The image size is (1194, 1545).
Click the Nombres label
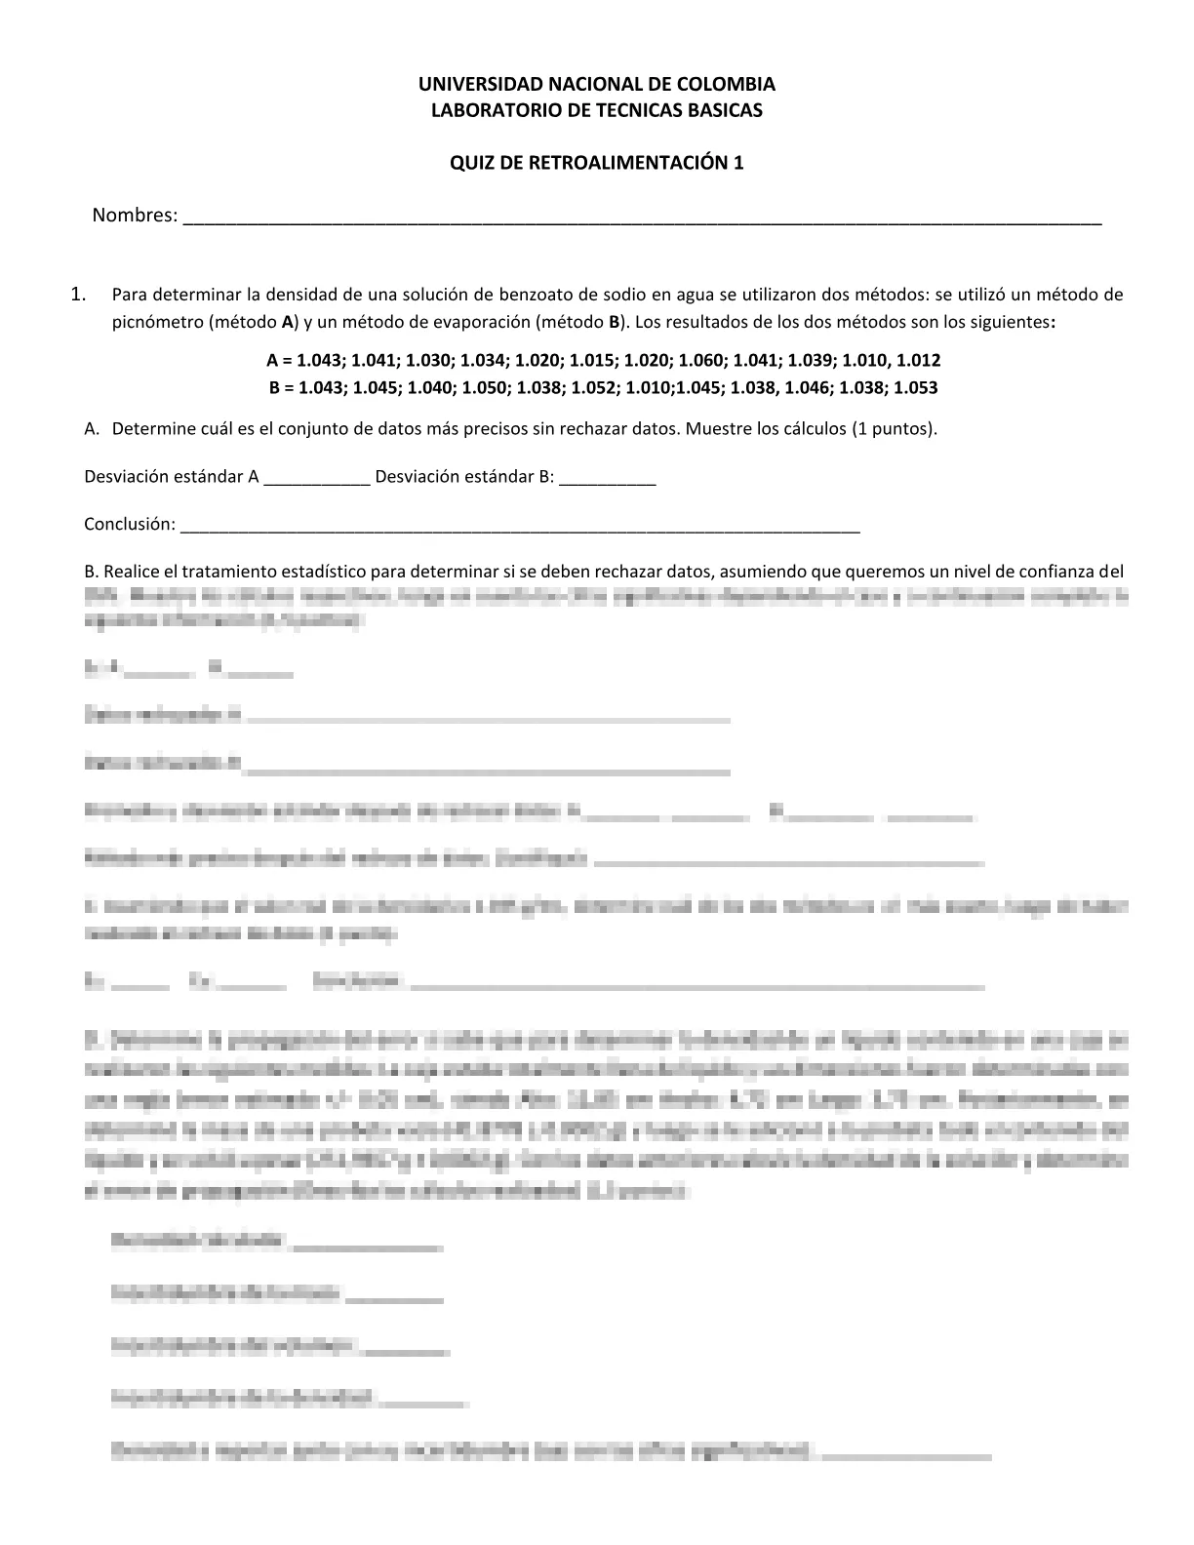point(135,216)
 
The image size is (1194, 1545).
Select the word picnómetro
point(157,322)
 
